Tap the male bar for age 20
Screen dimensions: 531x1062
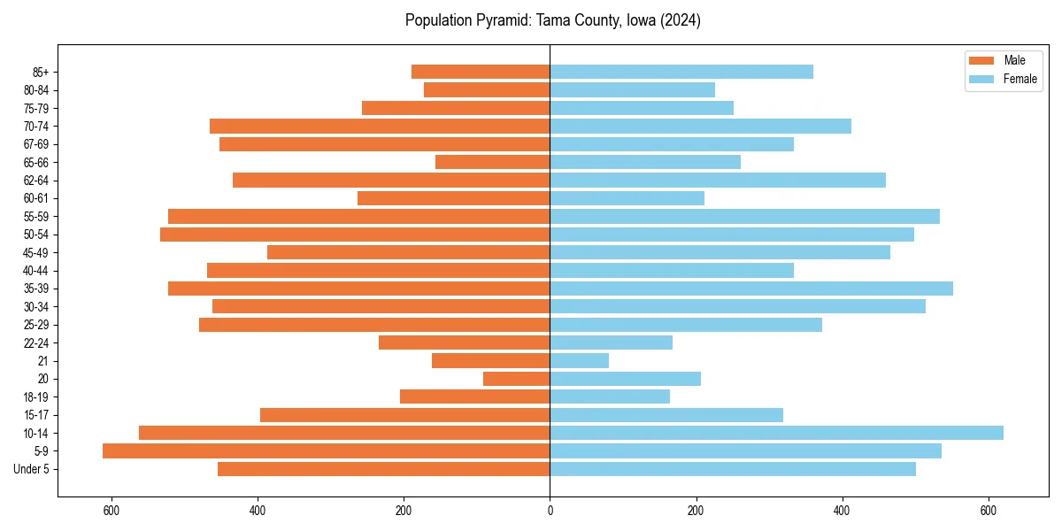click(516, 379)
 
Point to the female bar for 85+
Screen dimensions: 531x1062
click(681, 72)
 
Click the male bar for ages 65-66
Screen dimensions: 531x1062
click(492, 162)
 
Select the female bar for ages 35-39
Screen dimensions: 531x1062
click(751, 289)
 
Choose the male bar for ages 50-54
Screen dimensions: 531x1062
click(355, 235)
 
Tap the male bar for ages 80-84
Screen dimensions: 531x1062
click(487, 89)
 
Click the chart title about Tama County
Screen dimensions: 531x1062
click(552, 20)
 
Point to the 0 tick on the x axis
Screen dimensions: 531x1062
click(550, 511)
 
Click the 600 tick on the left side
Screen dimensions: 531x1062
click(112, 511)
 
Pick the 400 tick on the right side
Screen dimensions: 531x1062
click(842, 511)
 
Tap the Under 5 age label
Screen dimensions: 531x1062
click(31, 469)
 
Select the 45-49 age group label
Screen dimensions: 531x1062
click(36, 252)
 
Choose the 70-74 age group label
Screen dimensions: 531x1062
click(36, 126)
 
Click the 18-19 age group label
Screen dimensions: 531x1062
click(36, 396)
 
